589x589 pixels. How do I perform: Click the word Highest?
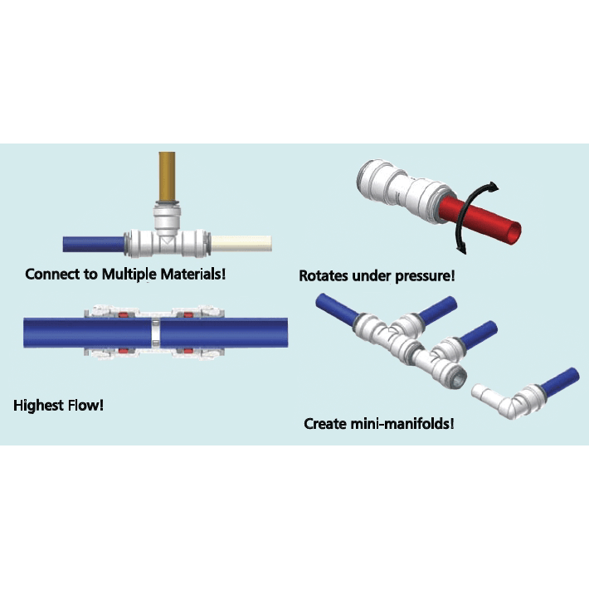(41, 406)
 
